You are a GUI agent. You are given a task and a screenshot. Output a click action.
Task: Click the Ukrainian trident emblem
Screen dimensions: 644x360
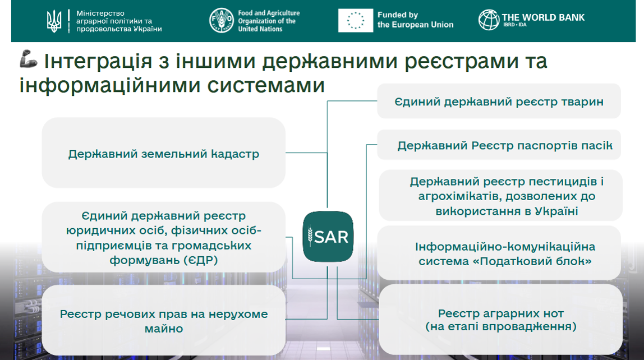(x=54, y=21)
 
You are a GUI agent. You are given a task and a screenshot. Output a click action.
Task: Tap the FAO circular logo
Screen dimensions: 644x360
(x=222, y=21)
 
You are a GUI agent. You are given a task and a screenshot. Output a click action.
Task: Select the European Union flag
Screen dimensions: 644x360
(x=356, y=21)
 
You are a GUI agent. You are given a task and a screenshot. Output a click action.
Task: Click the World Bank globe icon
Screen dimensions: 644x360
(x=489, y=19)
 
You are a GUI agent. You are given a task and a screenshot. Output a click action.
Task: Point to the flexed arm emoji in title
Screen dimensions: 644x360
(x=29, y=59)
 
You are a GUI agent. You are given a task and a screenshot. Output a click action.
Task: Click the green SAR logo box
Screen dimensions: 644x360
(x=328, y=237)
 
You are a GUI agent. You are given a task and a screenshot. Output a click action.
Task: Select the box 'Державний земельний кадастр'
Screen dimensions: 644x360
(x=163, y=153)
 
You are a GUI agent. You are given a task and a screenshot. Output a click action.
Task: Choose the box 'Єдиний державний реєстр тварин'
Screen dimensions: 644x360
(x=499, y=101)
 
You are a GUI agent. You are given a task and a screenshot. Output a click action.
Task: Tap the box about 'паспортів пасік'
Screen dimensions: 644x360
(x=499, y=145)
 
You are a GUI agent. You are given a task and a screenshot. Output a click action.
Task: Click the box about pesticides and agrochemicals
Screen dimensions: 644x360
(x=500, y=195)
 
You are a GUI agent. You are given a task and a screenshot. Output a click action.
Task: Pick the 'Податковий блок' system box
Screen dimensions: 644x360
(x=499, y=253)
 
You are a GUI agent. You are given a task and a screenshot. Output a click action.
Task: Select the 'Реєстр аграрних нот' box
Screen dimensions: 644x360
(x=500, y=320)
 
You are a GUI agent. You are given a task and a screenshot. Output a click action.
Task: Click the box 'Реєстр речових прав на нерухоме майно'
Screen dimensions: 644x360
(x=163, y=320)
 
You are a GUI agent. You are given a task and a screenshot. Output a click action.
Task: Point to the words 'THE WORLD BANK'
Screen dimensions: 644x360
(x=543, y=17)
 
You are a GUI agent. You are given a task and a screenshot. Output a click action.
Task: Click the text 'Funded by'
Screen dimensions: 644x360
(x=398, y=15)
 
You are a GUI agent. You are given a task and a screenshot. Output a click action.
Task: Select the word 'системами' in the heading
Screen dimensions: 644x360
(x=266, y=85)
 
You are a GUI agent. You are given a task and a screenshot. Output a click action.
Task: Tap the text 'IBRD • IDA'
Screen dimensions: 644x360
(x=514, y=25)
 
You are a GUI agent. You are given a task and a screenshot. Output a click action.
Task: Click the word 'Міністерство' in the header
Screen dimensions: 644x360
(x=100, y=13)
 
